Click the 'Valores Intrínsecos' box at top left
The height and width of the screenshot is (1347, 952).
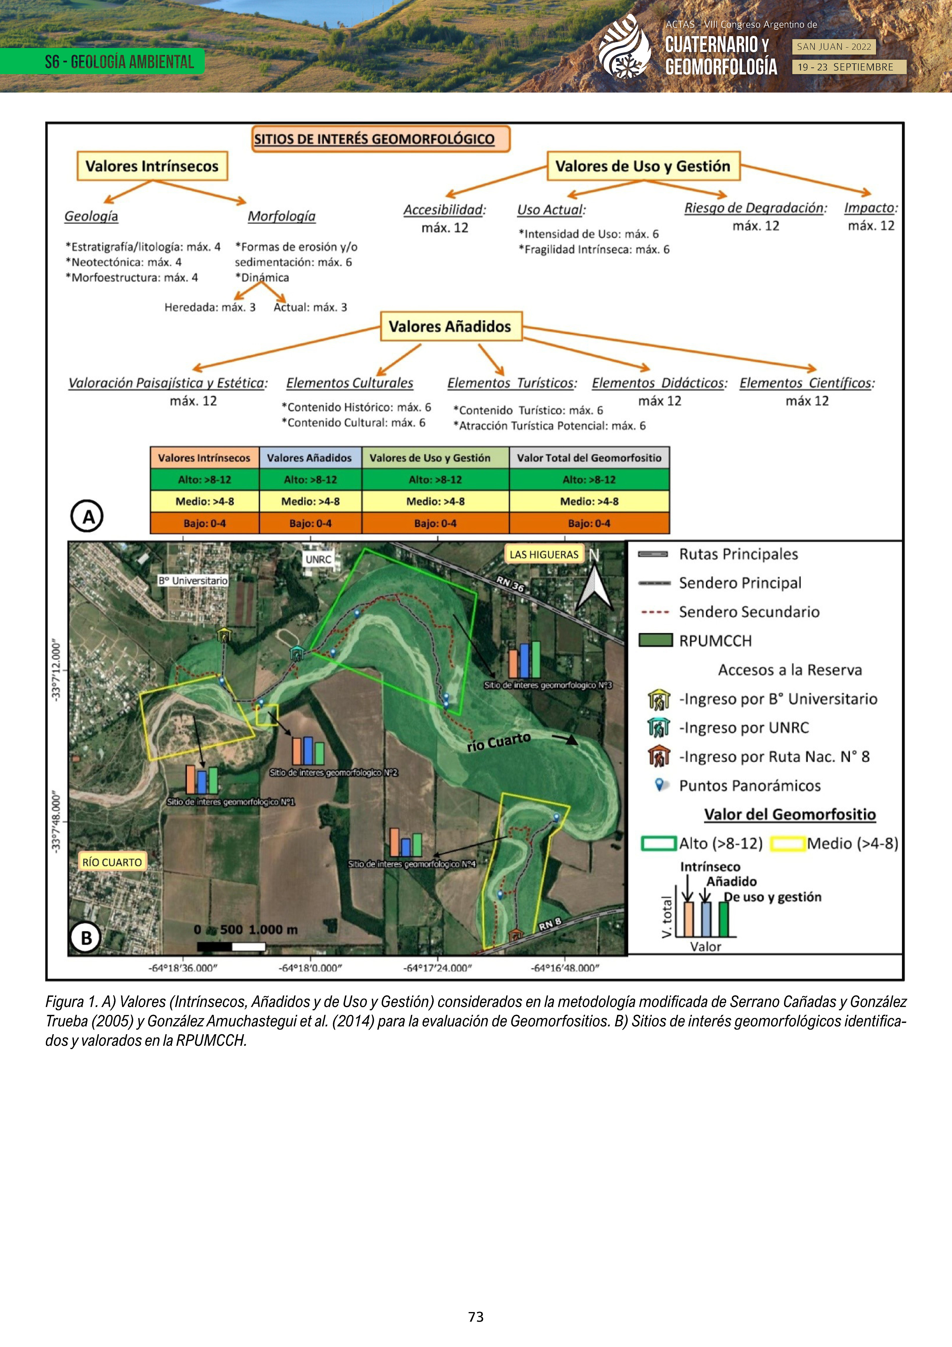(152, 166)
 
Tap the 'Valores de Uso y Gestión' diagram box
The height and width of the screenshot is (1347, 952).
(643, 166)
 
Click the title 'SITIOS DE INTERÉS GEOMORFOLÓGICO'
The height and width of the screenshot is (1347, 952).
(374, 139)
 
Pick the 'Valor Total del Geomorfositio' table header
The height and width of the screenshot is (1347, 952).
(589, 458)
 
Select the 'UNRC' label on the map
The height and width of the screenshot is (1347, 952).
(319, 559)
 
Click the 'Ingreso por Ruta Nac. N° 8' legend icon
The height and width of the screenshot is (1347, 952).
(659, 756)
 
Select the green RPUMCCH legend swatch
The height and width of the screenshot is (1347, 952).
(655, 640)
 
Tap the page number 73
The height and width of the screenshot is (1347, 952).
(476, 1316)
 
